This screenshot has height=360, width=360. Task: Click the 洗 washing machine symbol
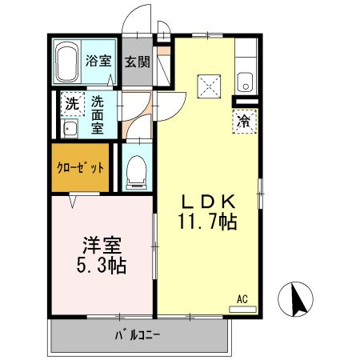(x=71, y=104)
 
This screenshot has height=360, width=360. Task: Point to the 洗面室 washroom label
(x=98, y=114)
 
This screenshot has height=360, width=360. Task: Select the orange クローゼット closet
(x=80, y=168)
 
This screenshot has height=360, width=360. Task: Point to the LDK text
(x=210, y=202)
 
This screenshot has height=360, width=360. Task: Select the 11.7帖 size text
(x=210, y=222)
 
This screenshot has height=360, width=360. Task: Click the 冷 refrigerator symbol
(x=244, y=122)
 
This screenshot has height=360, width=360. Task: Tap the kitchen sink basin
(x=246, y=82)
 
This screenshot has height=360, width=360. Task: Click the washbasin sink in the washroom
(x=69, y=129)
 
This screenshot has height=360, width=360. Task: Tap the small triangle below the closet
(x=74, y=201)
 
